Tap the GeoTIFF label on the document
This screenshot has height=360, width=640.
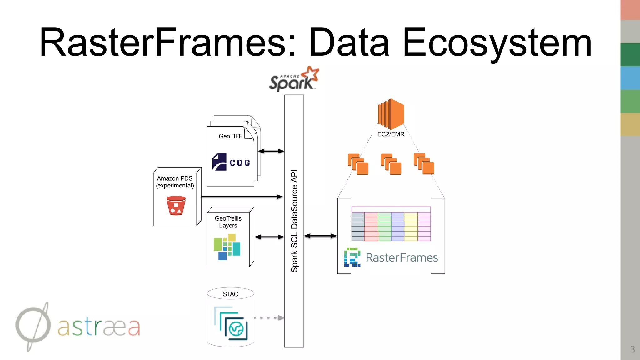[x=230, y=136]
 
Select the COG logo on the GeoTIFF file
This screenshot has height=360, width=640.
[x=231, y=162]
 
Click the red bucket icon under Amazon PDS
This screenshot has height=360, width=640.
[x=176, y=206]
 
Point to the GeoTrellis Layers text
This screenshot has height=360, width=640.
[x=228, y=222]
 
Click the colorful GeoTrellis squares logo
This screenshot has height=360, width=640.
[x=227, y=247]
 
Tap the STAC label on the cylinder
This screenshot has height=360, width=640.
[x=230, y=294]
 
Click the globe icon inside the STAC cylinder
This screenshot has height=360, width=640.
[x=236, y=329]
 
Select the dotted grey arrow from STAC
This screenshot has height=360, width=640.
[x=269, y=318]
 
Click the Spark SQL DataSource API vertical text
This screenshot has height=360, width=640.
[x=294, y=221]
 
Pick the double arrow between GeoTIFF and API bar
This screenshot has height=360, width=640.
[x=271, y=151]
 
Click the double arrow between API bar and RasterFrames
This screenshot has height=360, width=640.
[x=320, y=236]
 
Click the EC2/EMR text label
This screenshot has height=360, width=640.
[x=391, y=134]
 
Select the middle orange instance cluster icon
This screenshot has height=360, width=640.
[x=391, y=164]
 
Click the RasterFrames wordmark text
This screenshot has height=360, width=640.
[x=402, y=258]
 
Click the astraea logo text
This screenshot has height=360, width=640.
[x=99, y=327]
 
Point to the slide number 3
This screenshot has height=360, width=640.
[x=632, y=349]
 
